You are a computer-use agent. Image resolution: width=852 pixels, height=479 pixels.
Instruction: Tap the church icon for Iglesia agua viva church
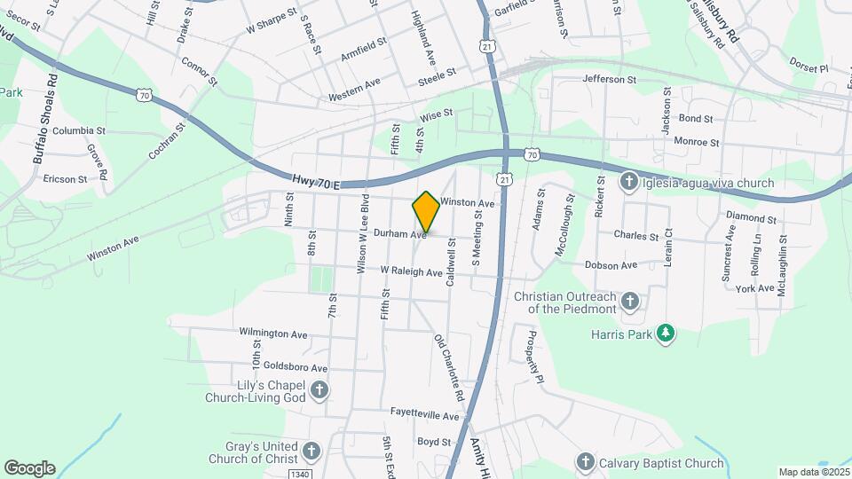[x=628, y=183]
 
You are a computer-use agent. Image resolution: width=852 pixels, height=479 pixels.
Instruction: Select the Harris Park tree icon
[x=666, y=334]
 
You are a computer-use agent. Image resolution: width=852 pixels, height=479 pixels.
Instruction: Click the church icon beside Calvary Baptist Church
[x=585, y=462]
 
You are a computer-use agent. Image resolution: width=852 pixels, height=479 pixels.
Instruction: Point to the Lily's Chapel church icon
[x=319, y=389]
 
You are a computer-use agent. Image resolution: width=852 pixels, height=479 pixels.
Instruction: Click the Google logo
[x=29, y=468]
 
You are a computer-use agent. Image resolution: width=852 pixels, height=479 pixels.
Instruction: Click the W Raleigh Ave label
[x=412, y=271]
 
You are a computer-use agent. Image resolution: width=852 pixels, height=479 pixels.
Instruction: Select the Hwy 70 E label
[x=316, y=182]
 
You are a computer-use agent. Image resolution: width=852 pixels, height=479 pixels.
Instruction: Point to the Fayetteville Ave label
[x=426, y=415]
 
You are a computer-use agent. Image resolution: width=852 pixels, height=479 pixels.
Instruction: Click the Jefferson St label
[x=610, y=79]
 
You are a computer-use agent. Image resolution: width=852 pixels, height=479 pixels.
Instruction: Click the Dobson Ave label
[x=611, y=264]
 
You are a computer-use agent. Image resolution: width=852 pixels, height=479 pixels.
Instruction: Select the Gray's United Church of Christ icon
[x=311, y=452]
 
